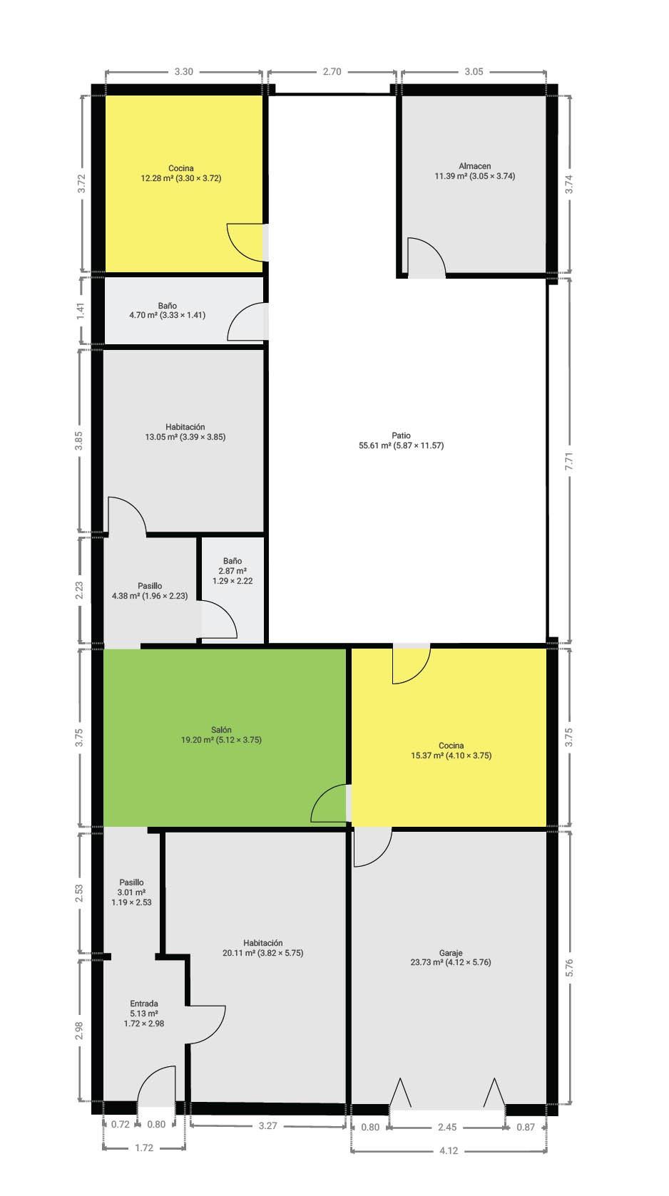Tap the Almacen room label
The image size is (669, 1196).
point(474,166)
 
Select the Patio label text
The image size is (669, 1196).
point(402,435)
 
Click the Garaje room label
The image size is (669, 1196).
point(451,952)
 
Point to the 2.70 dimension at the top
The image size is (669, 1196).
point(332,71)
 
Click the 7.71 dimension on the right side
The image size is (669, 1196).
point(569,460)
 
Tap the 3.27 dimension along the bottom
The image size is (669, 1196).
point(267,1125)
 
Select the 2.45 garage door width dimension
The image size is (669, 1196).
point(447,1127)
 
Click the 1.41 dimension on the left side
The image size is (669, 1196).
point(80,311)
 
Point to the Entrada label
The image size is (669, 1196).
point(144,1004)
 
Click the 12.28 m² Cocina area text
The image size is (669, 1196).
point(181,178)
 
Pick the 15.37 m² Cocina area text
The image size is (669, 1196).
point(451,756)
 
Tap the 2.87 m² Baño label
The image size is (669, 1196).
point(233,571)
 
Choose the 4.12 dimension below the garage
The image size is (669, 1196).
point(449,1150)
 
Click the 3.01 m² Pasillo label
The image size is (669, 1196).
point(131,892)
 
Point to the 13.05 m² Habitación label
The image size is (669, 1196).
point(185,432)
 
